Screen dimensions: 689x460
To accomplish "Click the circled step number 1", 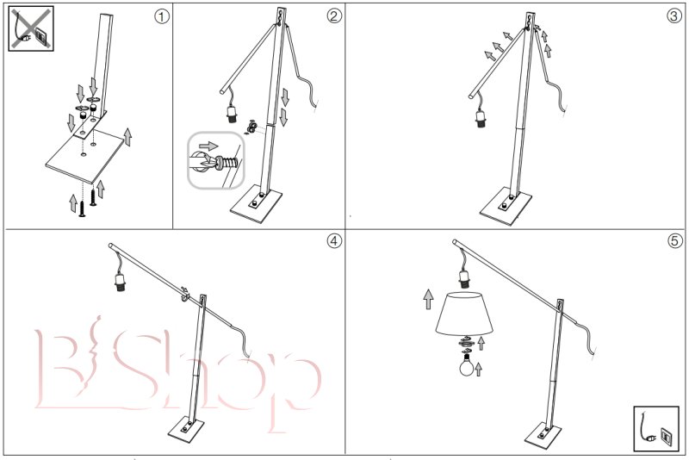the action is pos(161,16).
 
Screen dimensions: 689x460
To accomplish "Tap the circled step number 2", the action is pos(334,16).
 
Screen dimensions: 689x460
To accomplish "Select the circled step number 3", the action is pos(674,16).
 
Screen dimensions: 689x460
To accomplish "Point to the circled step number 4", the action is pos(334,240).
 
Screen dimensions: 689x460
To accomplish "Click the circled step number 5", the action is pos(674,240).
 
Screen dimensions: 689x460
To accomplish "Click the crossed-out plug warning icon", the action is pos(31,28).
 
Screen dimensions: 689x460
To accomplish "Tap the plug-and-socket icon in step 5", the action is pos(656,428).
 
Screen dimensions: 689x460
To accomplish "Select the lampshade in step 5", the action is pos(464,314).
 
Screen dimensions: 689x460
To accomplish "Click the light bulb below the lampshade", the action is pos(467,364).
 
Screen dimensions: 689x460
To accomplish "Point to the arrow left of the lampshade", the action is pos(428,299).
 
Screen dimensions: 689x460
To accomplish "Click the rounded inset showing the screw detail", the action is pos(216,160).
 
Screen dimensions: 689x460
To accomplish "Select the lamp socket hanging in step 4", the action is pos(121,282).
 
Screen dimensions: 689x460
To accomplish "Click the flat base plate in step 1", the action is pos(84,157).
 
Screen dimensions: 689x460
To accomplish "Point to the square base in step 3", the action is pos(506,207).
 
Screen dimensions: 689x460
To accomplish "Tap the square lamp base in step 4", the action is pos(186,428).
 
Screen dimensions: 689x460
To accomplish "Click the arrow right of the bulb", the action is pos(479,370).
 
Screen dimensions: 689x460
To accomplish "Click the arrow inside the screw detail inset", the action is pos(208,146).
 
